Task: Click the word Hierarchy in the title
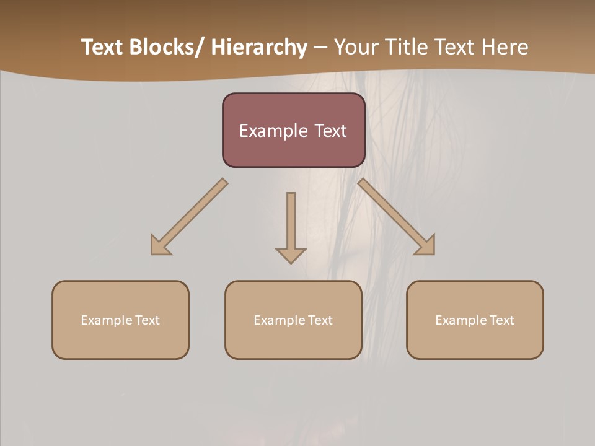(259, 47)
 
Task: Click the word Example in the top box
(268, 131)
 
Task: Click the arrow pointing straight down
(291, 223)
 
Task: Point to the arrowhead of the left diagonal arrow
(159, 246)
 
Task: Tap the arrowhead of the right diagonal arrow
(426, 246)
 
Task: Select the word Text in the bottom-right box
(501, 320)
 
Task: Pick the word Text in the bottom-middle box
(320, 320)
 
